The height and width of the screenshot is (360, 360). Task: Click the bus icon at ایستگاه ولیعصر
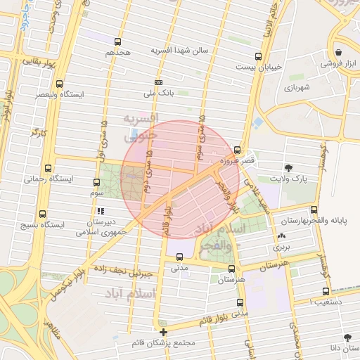[x=59, y=83]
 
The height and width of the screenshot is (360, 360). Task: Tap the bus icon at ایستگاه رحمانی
[x=48, y=168]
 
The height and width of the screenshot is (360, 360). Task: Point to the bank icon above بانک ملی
[x=158, y=82]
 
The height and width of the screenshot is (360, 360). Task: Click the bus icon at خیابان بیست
[x=259, y=56]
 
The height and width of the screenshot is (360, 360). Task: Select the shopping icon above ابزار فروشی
[x=338, y=53]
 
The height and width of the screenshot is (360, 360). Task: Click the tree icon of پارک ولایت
[x=289, y=167]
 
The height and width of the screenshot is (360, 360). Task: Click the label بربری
[x=282, y=247]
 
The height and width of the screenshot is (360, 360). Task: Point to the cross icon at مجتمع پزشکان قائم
[x=164, y=332]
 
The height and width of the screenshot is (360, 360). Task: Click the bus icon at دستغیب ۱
[x=326, y=290]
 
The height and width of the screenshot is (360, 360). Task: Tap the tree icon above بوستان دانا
[x=348, y=337]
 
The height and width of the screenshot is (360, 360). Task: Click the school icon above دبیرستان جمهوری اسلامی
[x=101, y=210]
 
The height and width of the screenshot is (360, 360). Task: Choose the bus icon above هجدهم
[x=117, y=41]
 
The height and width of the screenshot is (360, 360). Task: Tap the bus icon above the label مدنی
[x=180, y=257]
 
